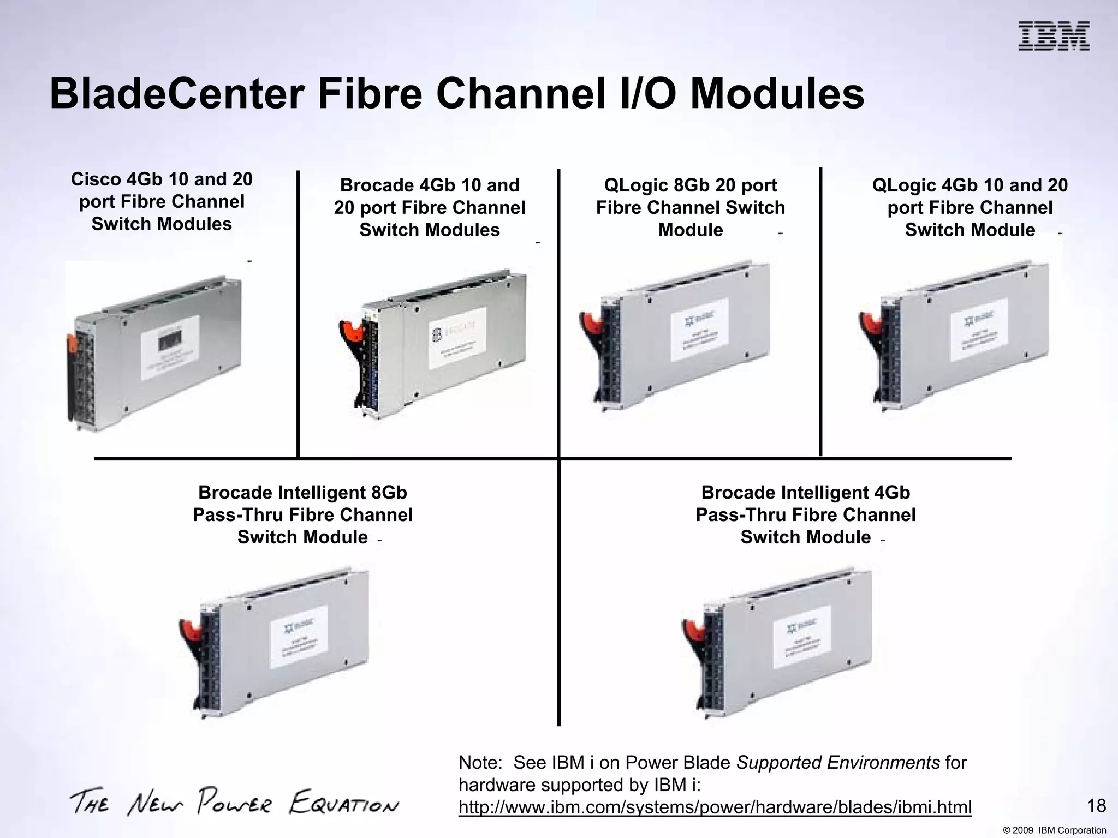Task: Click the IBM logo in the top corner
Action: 1054,36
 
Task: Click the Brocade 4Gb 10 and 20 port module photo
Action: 434,344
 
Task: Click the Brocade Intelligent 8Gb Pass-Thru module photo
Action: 276,644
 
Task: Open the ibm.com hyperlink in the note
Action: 715,807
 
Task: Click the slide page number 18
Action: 1096,806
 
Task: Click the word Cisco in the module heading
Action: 96,179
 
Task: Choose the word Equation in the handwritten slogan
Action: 344,803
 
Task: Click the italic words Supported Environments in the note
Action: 838,762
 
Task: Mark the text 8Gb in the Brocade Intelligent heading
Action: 389,493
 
